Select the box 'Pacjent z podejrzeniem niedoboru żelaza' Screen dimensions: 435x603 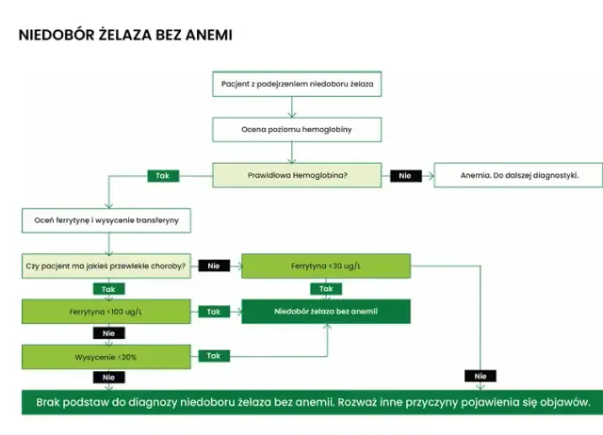pyautogui.click(x=298, y=85)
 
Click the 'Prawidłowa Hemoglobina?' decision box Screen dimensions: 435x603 pyautogui.click(x=298, y=175)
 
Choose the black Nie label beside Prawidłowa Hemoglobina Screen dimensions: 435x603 pyautogui.click(x=405, y=175)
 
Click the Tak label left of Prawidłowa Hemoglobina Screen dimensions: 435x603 pyautogui.click(x=163, y=175)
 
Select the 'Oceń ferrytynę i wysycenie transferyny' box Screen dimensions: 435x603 pyautogui.click(x=106, y=220)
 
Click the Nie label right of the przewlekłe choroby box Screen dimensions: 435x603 pyautogui.click(x=214, y=266)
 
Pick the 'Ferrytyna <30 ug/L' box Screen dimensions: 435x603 pyautogui.click(x=326, y=266)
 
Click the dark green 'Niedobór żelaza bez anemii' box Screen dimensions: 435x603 pyautogui.click(x=326, y=311)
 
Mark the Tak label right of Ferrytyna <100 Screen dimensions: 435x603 pyautogui.click(x=214, y=311)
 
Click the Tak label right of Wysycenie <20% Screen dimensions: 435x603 pyautogui.click(x=214, y=356)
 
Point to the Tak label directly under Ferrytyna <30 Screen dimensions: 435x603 pyautogui.click(x=326, y=288)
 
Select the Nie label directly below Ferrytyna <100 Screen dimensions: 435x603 pyautogui.click(x=106, y=333)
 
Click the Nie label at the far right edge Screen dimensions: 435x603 pyautogui.click(x=481, y=377)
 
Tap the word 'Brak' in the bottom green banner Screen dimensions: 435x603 pyautogui.click(x=52, y=402)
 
